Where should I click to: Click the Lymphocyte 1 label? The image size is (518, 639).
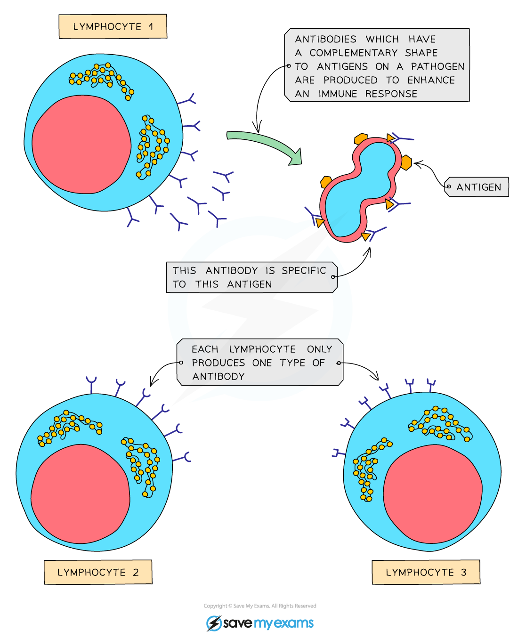113,27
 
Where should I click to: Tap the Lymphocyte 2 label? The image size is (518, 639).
98,572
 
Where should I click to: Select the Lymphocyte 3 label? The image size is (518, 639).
426,572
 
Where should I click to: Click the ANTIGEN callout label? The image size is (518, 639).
478,187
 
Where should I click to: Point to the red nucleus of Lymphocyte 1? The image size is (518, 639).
81,145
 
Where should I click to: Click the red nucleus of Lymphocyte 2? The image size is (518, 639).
80,493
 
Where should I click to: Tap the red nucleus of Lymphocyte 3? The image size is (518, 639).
433,493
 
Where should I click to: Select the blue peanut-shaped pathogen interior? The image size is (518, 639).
360,188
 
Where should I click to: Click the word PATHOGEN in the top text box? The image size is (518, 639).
437,66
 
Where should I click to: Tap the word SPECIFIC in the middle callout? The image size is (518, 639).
304,271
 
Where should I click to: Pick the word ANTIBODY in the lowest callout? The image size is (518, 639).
219,377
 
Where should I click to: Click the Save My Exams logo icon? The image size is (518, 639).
214,623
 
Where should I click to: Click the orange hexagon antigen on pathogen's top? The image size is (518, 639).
361,139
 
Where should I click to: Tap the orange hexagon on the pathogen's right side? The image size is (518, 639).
406,162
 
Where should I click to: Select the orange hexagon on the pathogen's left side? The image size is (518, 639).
326,182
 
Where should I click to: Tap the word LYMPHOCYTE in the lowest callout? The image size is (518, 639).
262,349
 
